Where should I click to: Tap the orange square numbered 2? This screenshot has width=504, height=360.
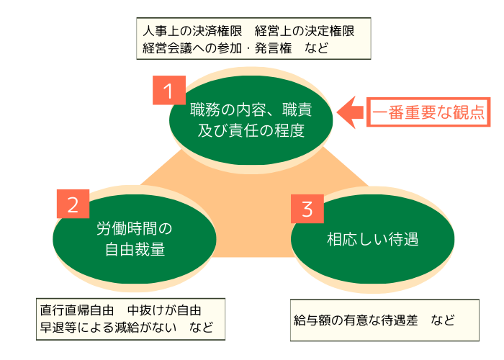pyautogui.click(x=72, y=204)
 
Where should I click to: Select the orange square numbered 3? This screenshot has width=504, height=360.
pyautogui.click(x=307, y=209)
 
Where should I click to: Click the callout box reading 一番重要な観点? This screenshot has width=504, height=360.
pyautogui.click(x=427, y=112)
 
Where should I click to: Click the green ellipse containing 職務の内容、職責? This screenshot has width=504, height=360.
pyautogui.click(x=251, y=120)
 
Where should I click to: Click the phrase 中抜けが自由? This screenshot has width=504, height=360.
pyautogui.click(x=164, y=310)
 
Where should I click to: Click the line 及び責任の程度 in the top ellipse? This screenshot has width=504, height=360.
pyautogui.click(x=251, y=131)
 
